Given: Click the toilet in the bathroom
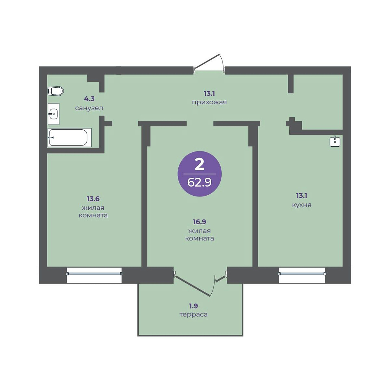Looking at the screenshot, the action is (56, 91).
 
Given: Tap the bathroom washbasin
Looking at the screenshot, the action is (53, 114).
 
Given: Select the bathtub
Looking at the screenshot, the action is (69, 138).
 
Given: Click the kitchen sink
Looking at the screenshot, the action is (335, 141).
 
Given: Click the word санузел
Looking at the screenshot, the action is (89, 108).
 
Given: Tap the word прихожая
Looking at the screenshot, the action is (209, 102).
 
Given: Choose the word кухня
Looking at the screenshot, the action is (302, 205).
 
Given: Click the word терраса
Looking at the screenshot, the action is (194, 315).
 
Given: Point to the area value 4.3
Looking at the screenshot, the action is (89, 99).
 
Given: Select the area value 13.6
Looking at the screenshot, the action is (93, 199).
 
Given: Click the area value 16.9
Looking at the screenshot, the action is (199, 222).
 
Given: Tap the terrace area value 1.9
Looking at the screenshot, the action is (193, 306).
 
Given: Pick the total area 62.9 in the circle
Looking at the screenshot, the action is (199, 182).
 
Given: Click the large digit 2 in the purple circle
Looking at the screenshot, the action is (199, 164).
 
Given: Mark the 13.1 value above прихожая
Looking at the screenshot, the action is (209, 94).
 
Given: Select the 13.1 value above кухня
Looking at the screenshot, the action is (302, 195).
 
